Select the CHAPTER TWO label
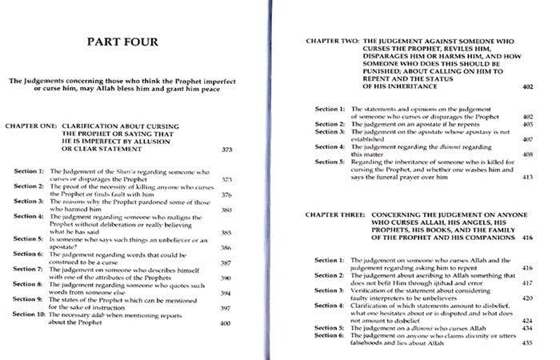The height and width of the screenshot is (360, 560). pyautogui.click(x=333, y=38)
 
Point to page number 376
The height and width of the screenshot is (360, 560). pyautogui.click(x=227, y=194)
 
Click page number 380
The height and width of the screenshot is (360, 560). pyautogui.click(x=227, y=210)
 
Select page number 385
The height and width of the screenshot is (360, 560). pyautogui.click(x=227, y=233)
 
